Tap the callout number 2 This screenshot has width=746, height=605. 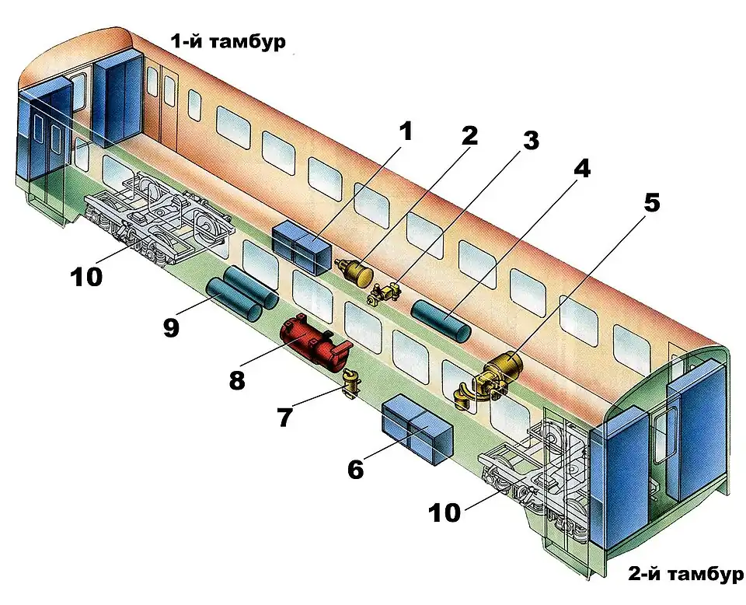tap(469, 136)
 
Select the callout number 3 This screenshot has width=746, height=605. tap(529, 141)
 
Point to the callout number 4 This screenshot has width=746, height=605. tap(582, 168)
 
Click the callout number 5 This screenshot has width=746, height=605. tap(651, 202)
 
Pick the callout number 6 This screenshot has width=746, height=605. tap(356, 470)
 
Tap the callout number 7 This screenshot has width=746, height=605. tap(285, 418)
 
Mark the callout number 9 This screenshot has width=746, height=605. tap(172, 327)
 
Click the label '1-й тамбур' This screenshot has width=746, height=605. tap(228, 42)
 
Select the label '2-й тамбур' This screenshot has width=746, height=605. tap(685, 575)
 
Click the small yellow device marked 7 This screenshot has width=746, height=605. tap(351, 383)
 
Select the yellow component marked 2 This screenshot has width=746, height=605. tap(356, 271)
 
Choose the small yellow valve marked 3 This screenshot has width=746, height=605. tap(383, 294)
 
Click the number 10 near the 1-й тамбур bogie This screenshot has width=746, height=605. tap(86, 277)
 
